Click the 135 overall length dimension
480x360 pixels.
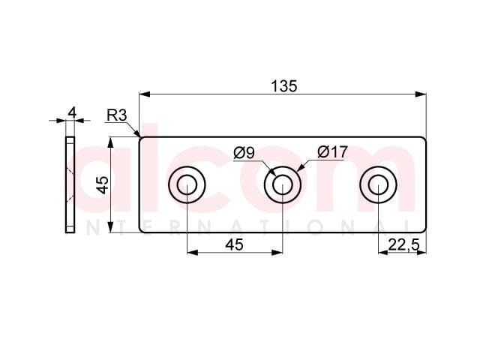click(x=283, y=86)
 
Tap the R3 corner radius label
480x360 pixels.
click(x=117, y=115)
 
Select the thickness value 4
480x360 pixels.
click(x=72, y=112)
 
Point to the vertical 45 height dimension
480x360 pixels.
click(x=104, y=185)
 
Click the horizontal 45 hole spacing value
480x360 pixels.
click(x=234, y=244)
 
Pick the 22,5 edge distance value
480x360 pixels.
click(x=403, y=245)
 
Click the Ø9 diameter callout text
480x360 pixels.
click(x=244, y=153)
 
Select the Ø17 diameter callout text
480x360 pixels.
click(x=333, y=151)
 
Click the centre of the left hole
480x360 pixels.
click(x=187, y=185)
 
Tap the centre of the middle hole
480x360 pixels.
click(x=283, y=185)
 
